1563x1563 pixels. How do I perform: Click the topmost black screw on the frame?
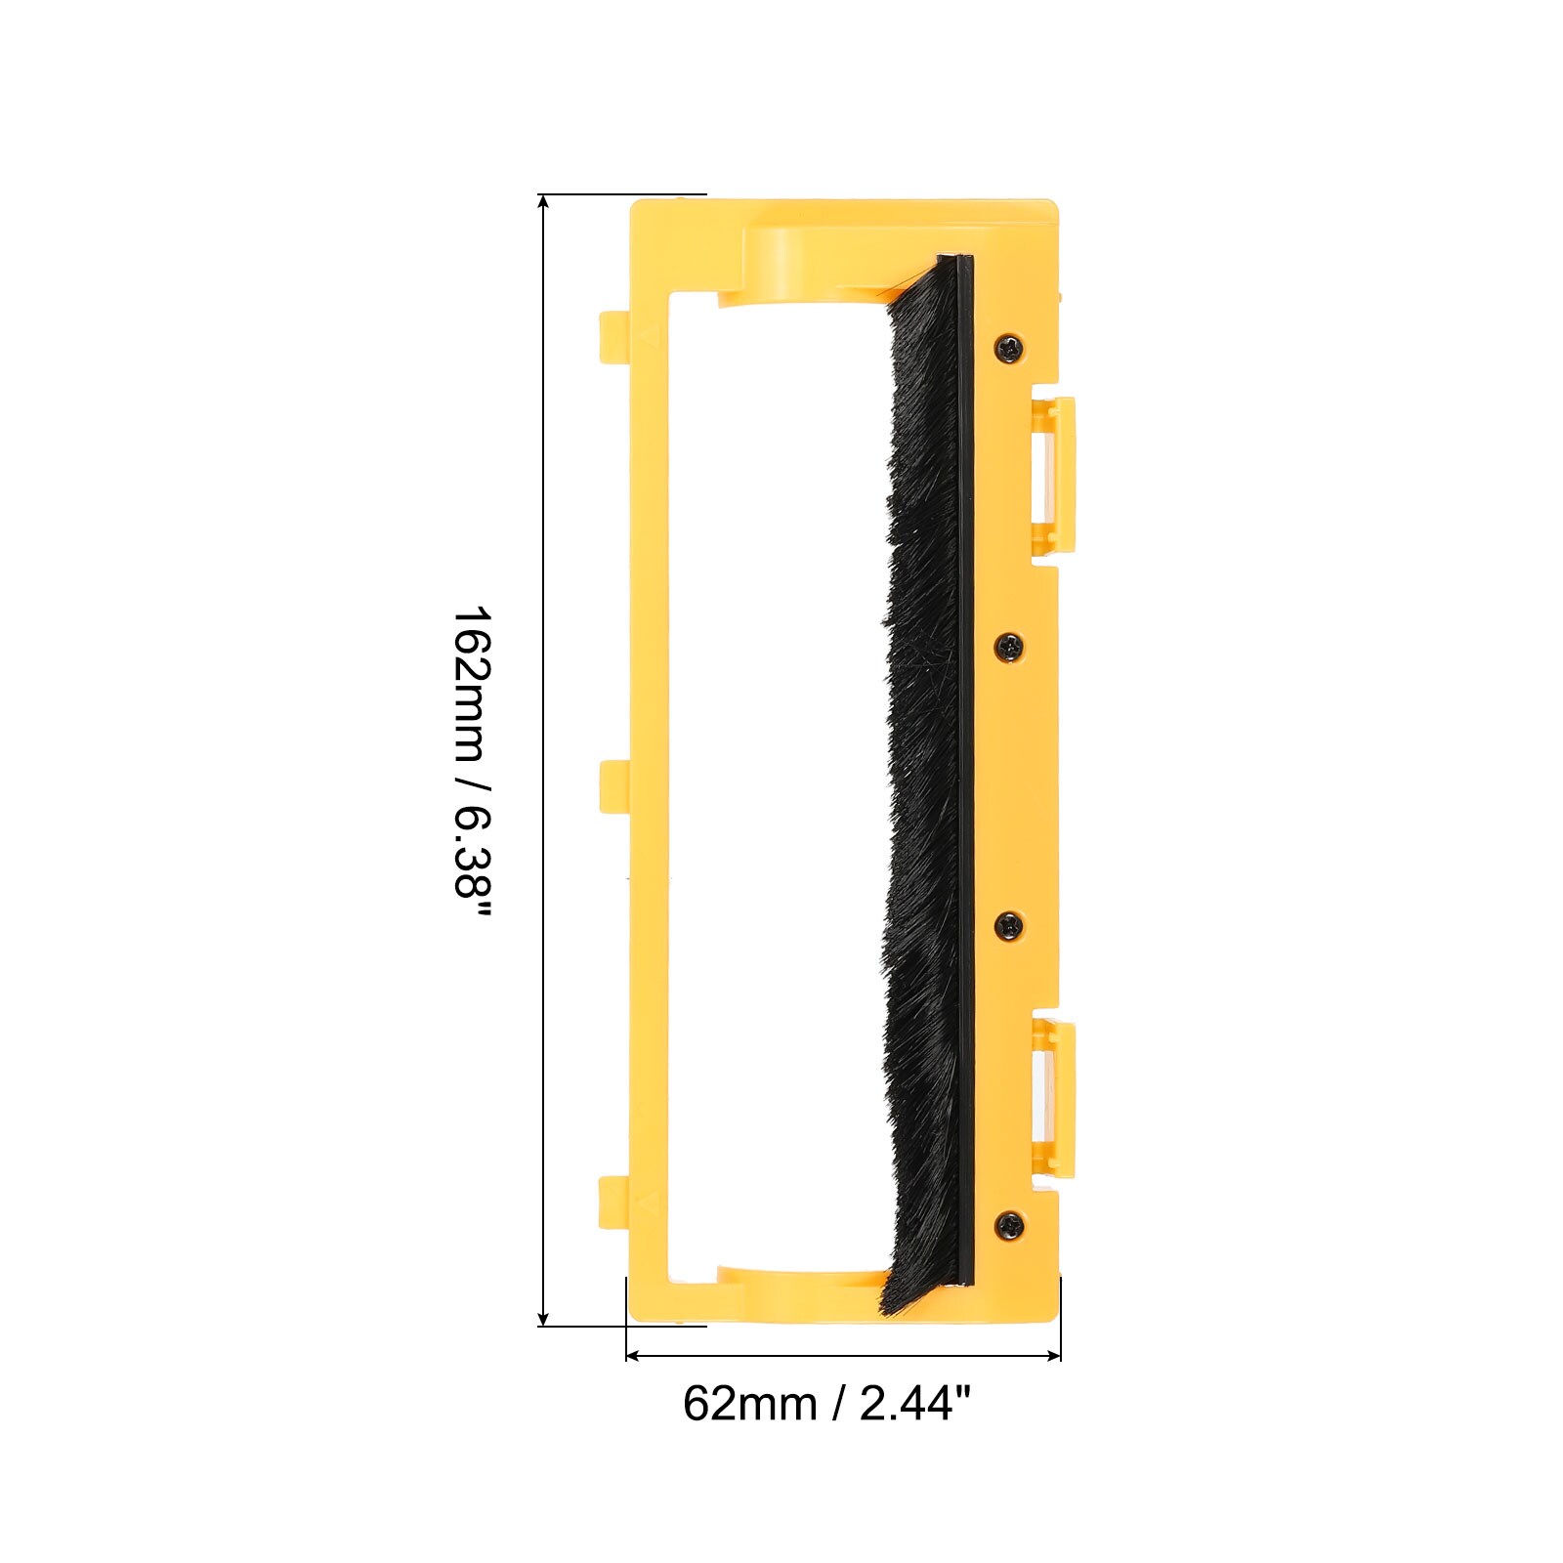(x=1009, y=346)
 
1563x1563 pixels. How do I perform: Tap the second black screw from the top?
(x=1009, y=645)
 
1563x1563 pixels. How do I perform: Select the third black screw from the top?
(x=1009, y=923)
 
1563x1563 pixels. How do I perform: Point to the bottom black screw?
(x=1009, y=1222)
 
